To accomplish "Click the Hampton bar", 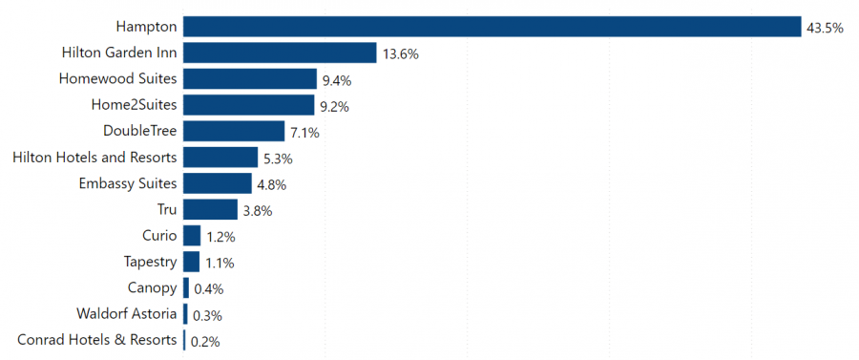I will [492, 27].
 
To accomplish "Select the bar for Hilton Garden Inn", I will [280, 53].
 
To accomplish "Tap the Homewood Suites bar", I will [249, 79].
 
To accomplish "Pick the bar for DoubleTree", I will [234, 131].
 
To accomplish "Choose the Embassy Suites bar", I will [218, 183].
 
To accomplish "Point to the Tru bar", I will [210, 209].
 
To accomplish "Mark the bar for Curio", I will [192, 235].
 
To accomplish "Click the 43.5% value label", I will [825, 29].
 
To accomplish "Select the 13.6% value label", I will [401, 54].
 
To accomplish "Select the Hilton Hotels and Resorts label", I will [94, 157].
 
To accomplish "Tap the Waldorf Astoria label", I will [126, 313].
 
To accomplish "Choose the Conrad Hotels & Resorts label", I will [97, 339].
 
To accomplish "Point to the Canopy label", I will [152, 287].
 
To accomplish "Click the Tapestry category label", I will [150, 261].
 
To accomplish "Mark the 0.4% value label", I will [208, 289].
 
